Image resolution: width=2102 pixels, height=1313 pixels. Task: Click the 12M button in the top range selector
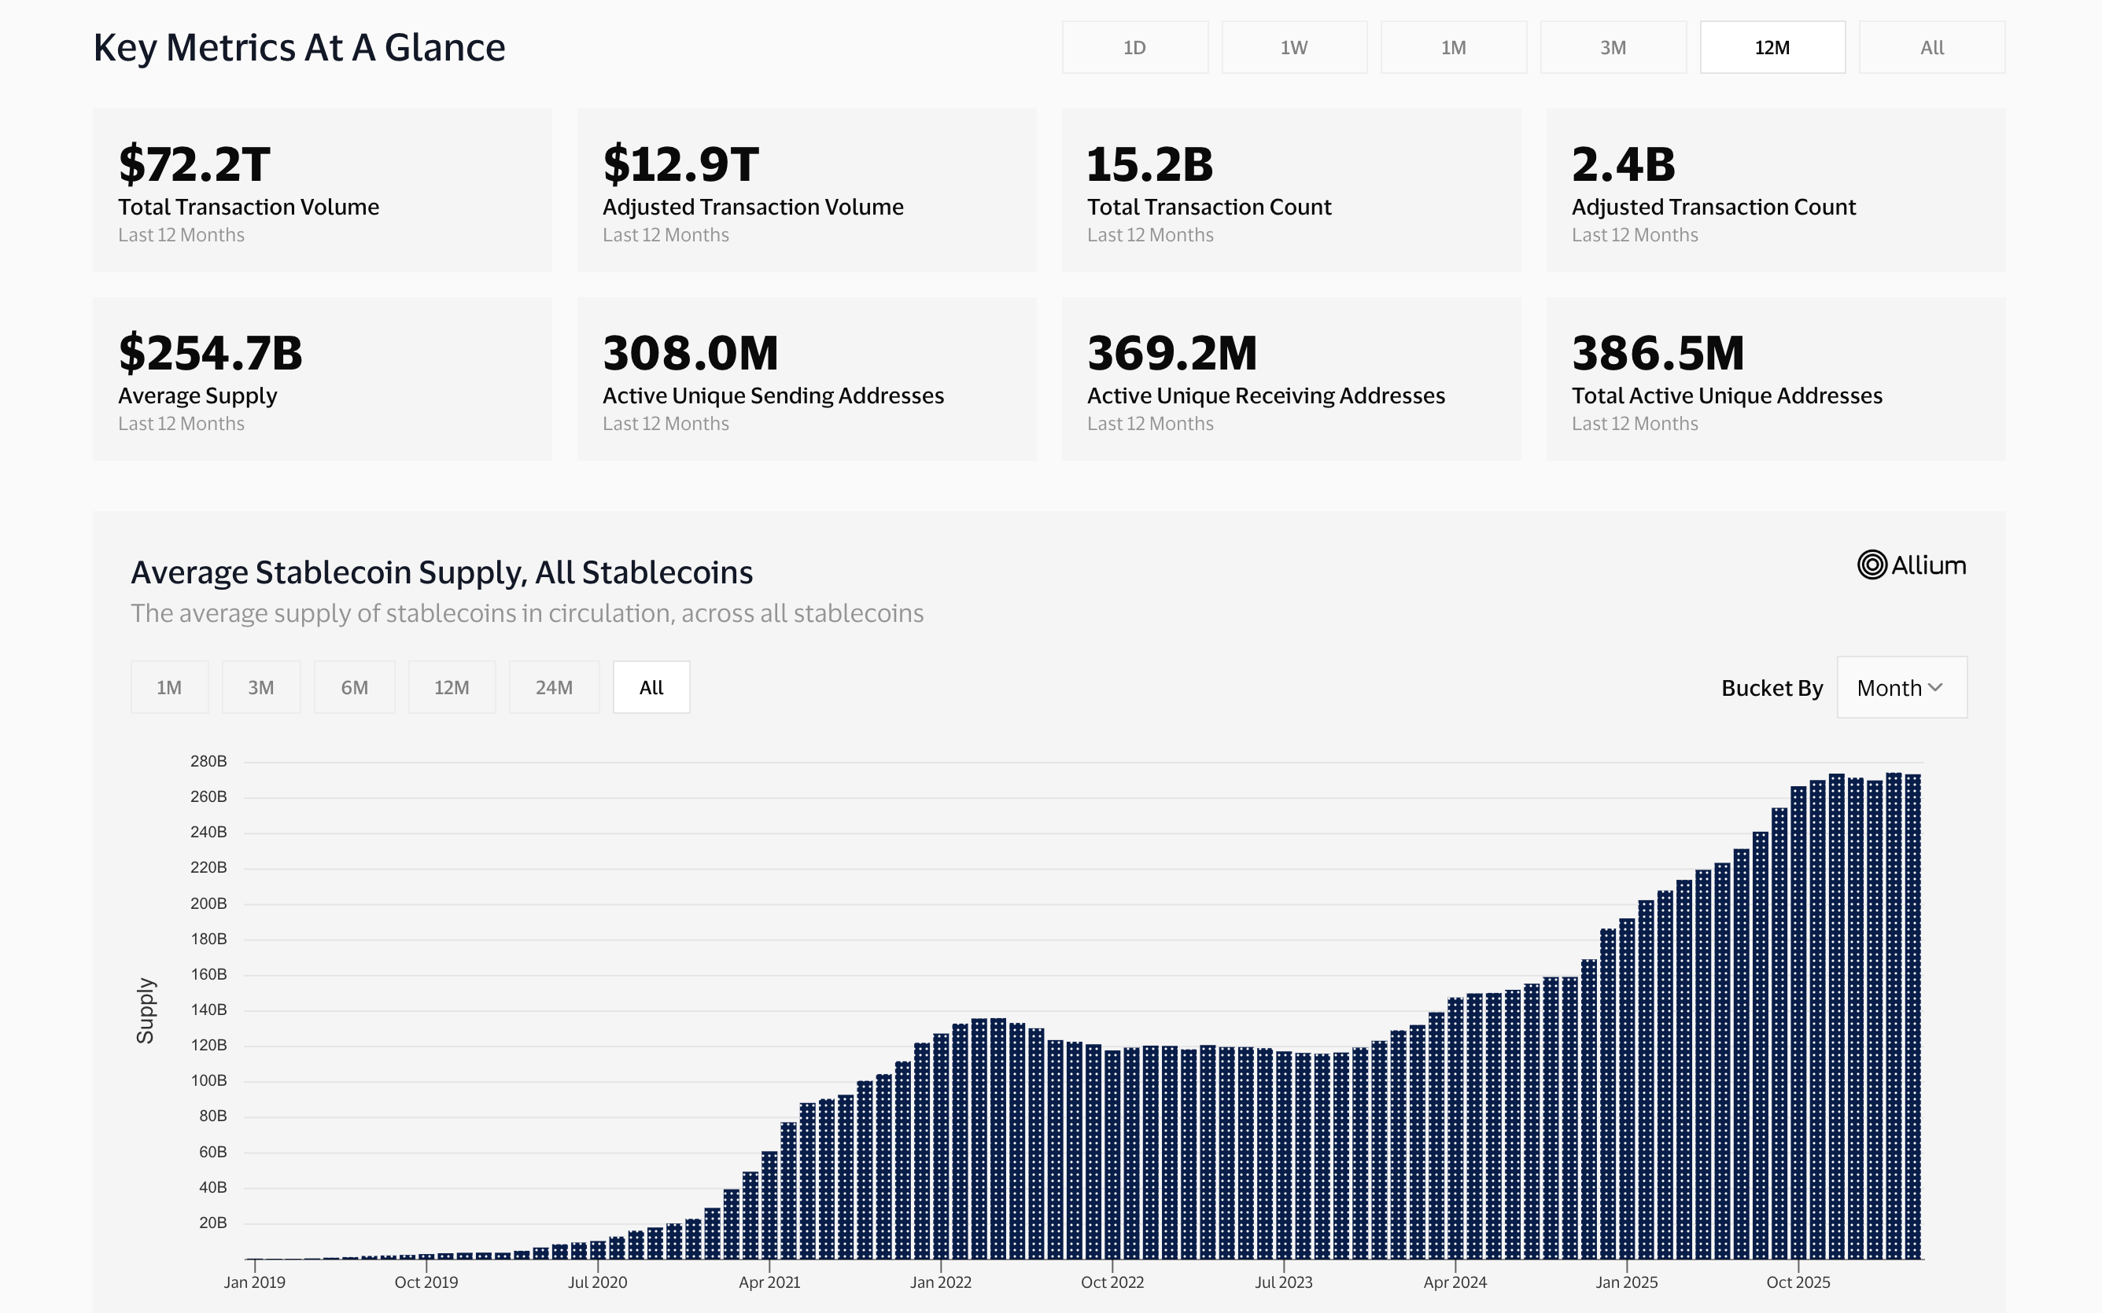tap(1772, 48)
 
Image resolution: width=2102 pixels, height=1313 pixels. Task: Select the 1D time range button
tap(1134, 48)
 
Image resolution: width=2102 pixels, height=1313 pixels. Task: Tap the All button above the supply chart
tap(651, 688)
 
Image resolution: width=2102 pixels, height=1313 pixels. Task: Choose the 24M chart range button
tap(553, 688)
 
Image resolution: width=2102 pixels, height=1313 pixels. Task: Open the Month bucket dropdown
tap(1901, 688)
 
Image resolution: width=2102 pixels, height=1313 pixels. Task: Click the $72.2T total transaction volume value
tap(194, 164)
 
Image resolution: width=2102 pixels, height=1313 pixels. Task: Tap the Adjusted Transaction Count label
tap(1713, 207)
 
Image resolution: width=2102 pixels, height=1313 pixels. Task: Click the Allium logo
tap(1911, 565)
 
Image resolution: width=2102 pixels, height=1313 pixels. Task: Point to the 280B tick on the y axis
tap(208, 762)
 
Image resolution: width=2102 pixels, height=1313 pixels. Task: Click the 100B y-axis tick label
tap(208, 1080)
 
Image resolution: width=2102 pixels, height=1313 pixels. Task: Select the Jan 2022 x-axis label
tap(941, 1282)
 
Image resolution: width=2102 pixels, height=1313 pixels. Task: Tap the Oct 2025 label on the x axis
tap(1798, 1282)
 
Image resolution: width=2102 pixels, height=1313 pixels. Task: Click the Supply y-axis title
tap(145, 1010)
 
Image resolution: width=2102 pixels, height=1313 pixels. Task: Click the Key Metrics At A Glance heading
tap(299, 48)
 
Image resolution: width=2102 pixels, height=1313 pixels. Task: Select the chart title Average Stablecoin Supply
tap(441, 573)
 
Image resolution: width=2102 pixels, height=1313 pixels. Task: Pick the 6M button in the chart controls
tap(354, 688)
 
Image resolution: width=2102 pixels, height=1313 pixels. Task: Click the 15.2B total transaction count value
tap(1149, 164)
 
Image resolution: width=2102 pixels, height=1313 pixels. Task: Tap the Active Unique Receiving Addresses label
tap(1266, 396)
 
